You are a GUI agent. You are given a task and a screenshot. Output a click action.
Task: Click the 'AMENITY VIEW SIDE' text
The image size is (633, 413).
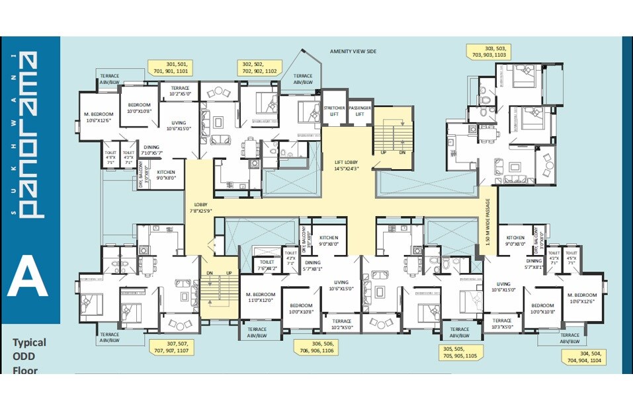353,51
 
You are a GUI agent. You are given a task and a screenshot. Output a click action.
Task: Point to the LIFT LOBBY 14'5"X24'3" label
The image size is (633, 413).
347,165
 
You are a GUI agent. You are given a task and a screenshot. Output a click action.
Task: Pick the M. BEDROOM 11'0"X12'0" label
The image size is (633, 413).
259,297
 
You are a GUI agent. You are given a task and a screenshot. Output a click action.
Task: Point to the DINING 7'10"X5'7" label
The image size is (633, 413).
151,150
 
